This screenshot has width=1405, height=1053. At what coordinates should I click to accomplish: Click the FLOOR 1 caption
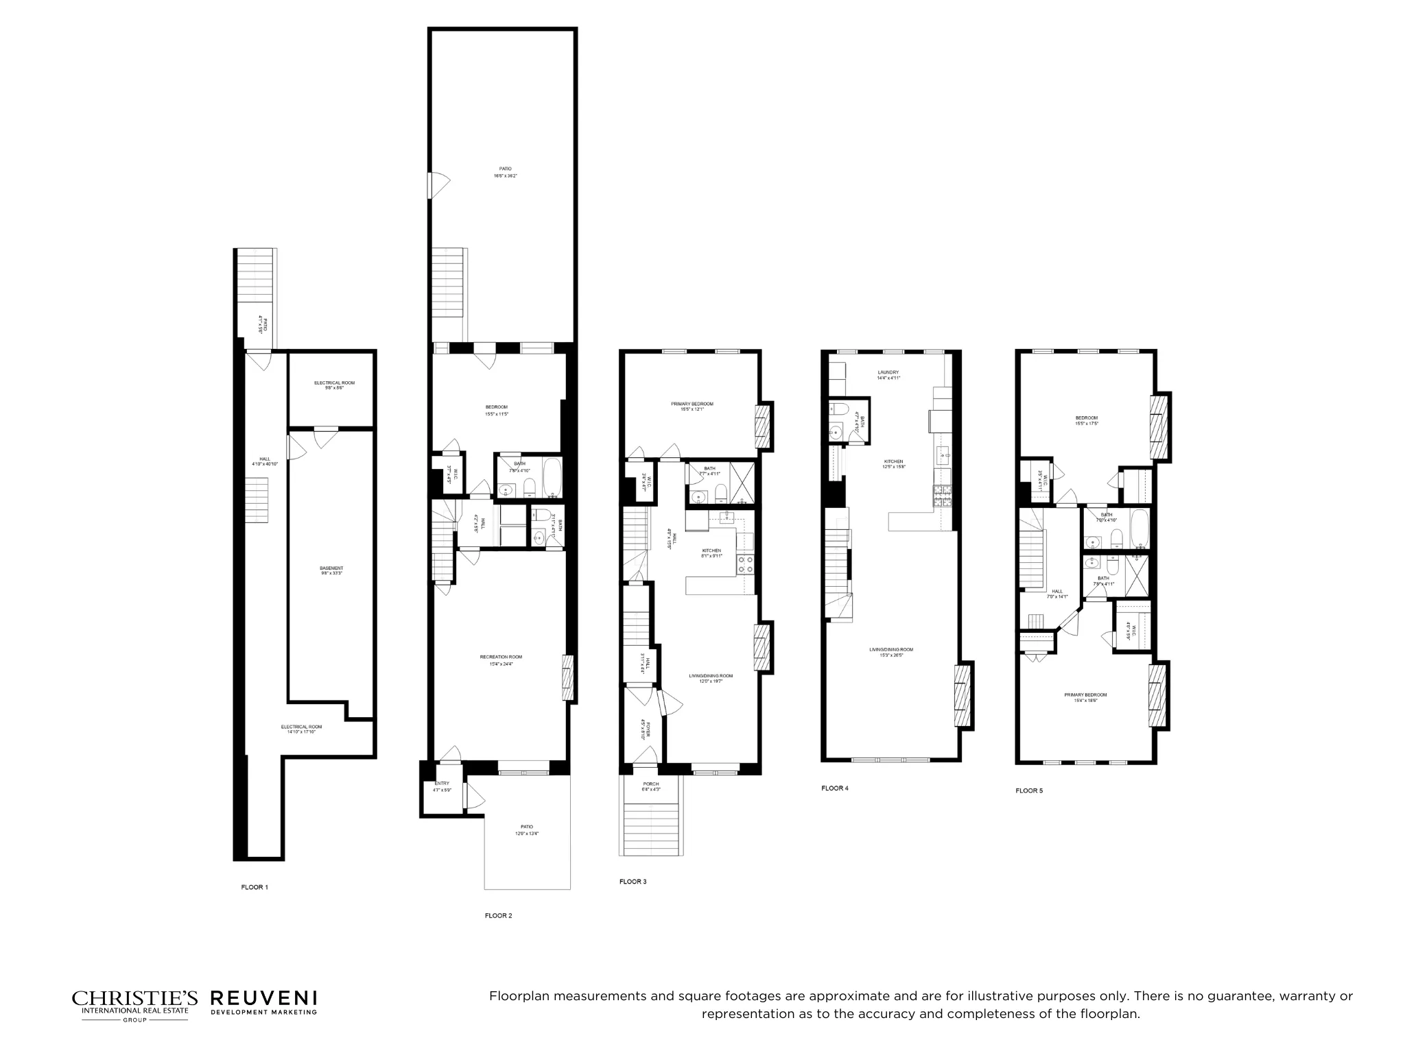(x=254, y=887)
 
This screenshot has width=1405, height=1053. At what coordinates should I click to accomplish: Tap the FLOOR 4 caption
(x=835, y=788)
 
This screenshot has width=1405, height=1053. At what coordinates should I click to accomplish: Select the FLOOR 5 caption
(x=1029, y=790)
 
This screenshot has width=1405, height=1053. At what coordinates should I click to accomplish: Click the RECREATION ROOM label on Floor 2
(x=501, y=657)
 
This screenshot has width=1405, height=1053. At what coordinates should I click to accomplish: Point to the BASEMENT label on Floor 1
(x=331, y=568)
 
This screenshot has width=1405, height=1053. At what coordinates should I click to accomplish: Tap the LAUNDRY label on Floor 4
(x=888, y=372)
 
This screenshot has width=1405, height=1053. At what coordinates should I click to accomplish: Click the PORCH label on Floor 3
(x=650, y=784)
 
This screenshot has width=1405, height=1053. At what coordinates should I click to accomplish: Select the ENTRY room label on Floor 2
(x=441, y=784)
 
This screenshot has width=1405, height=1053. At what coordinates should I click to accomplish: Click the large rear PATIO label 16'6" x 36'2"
(x=505, y=169)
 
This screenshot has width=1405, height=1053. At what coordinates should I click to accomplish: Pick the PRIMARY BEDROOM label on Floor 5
(x=1085, y=694)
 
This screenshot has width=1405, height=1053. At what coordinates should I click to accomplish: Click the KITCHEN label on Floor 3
(x=711, y=551)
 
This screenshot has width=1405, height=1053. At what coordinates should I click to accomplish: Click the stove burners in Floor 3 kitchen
(x=745, y=564)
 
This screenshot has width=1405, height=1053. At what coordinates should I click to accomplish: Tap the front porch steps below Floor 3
(x=652, y=830)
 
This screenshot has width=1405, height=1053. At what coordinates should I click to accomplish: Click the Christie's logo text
(x=134, y=998)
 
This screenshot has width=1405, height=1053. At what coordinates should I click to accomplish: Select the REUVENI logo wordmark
(x=263, y=998)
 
